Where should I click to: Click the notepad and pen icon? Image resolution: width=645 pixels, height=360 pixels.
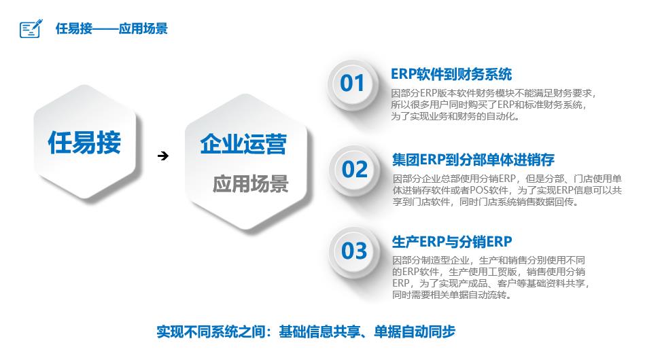(x=31, y=29)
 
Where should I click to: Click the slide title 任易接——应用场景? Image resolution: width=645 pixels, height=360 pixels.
(x=111, y=29)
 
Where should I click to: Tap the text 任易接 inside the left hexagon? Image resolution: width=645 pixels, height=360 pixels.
(x=84, y=143)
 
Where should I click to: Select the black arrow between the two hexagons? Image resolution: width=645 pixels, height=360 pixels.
(x=163, y=156)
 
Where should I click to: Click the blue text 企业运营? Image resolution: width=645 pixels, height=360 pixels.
(x=243, y=144)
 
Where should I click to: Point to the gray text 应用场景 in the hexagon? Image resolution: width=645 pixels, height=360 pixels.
(x=251, y=183)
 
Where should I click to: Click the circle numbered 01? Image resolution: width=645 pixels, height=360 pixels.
(x=352, y=84)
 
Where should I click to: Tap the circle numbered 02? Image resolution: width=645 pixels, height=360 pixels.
(x=354, y=170)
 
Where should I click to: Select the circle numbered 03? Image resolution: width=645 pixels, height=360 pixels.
(x=354, y=251)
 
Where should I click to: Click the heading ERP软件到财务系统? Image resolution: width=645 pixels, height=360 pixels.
(x=451, y=75)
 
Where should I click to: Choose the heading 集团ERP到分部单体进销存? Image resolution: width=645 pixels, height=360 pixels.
(x=473, y=160)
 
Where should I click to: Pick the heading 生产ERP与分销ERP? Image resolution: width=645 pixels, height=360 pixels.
(x=452, y=242)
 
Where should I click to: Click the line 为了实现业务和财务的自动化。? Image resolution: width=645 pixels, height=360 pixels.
(x=455, y=116)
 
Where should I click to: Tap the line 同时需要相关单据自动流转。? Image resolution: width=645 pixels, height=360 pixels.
(x=452, y=295)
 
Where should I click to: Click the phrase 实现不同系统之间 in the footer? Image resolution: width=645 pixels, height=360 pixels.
(x=211, y=331)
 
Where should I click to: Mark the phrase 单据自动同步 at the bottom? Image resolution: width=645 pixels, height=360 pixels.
(x=415, y=331)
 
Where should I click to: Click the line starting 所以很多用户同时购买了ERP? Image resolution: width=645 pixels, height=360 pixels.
(x=488, y=105)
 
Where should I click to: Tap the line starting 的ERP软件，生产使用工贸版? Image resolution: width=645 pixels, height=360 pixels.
(x=489, y=272)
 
